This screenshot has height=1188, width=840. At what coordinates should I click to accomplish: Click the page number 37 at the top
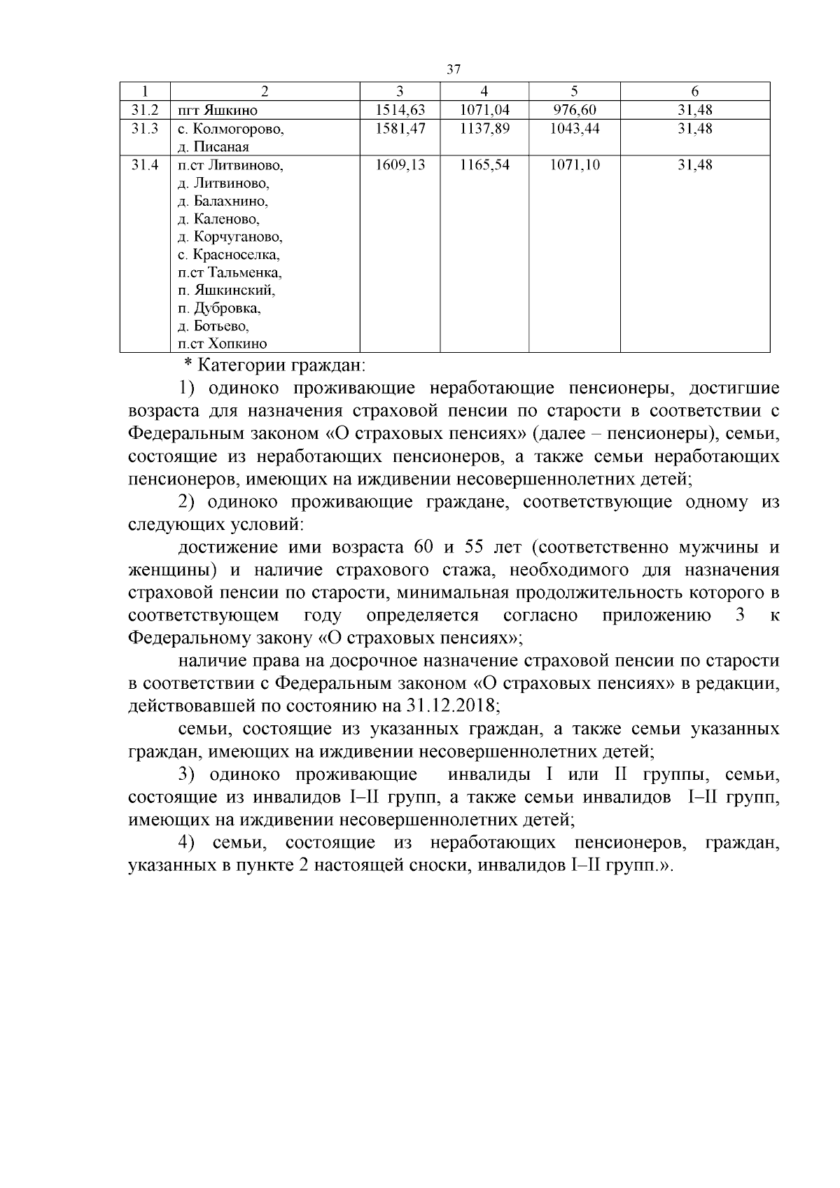[x=453, y=69]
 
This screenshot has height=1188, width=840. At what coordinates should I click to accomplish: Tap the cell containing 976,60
[x=575, y=110]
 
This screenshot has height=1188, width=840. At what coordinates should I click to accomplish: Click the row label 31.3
[x=145, y=128]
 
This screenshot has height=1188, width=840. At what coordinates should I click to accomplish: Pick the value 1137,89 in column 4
[x=484, y=128]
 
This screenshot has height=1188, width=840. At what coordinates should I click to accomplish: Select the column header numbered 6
[x=695, y=91]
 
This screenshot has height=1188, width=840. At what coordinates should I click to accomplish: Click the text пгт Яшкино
[x=218, y=111]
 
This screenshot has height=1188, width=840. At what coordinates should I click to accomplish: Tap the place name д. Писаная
[x=213, y=147]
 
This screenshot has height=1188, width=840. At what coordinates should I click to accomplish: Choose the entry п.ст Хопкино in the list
[x=223, y=344]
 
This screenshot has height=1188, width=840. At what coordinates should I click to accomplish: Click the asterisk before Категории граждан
[x=188, y=365]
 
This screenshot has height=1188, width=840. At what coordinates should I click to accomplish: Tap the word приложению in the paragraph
[x=656, y=615]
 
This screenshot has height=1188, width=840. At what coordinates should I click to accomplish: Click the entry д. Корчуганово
[x=230, y=237]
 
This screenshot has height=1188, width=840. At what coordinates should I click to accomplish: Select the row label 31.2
[x=145, y=110]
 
